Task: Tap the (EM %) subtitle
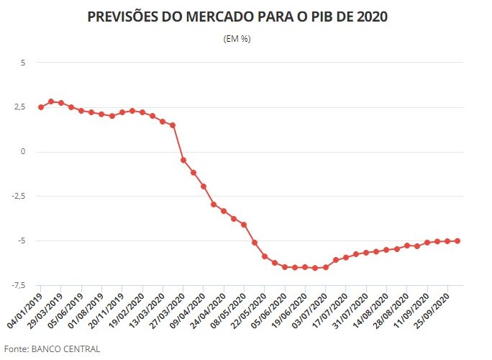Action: click(237, 38)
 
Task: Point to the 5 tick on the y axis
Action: click(22, 63)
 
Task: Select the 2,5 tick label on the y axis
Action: click(19, 107)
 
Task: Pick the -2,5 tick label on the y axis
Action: click(18, 196)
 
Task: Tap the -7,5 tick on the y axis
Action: click(18, 285)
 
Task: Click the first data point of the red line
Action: click(41, 107)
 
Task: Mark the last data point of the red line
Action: click(457, 241)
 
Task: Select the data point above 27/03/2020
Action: click(183, 160)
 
